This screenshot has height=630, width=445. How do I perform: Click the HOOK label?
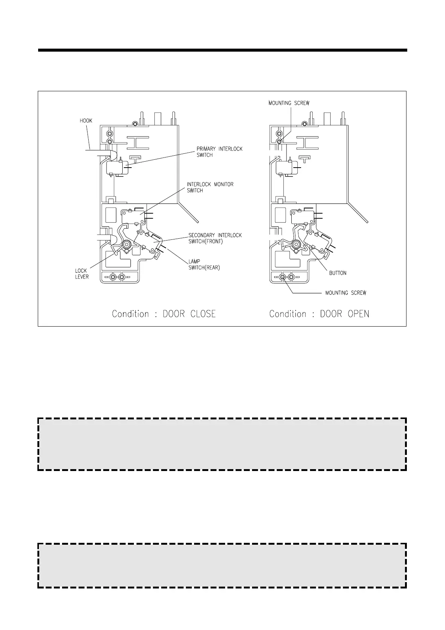(86, 121)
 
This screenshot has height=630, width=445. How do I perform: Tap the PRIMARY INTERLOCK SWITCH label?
(219, 152)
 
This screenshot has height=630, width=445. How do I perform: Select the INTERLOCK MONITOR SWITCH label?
(210, 187)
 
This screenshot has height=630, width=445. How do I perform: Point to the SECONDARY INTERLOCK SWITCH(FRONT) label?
(215, 238)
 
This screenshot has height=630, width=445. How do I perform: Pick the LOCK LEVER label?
(82, 273)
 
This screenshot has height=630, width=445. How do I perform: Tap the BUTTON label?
(337, 273)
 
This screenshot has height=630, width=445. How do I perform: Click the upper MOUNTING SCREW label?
(289, 103)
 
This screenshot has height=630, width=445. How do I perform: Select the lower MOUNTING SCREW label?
(346, 293)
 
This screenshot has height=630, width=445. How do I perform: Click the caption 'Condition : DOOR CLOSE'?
(164, 314)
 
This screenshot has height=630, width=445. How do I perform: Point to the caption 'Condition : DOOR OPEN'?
(319, 314)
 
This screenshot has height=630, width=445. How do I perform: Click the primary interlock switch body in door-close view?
(114, 168)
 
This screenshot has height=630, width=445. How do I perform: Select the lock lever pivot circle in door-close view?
(126, 244)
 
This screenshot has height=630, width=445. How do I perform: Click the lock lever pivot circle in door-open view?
(296, 244)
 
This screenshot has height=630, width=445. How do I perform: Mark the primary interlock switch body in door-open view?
(283, 168)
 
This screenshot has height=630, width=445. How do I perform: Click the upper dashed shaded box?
(222, 444)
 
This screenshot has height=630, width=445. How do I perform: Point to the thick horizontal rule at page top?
(222, 50)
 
